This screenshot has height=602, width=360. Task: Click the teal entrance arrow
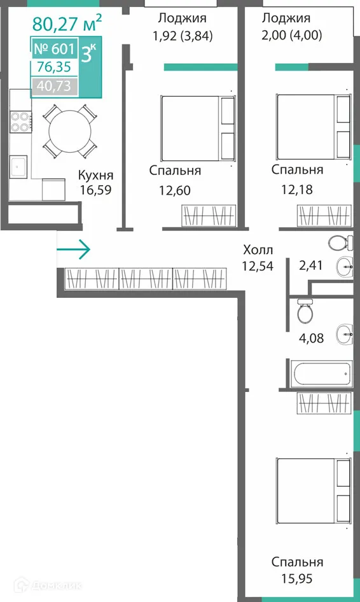(74, 249)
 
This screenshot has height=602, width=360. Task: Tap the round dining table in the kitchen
(70, 131)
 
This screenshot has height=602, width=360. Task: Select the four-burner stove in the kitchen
(21, 122)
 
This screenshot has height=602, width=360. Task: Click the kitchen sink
(18, 167)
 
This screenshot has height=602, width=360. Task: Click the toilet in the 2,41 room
(340, 242)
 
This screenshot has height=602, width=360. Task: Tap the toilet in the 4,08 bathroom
(305, 311)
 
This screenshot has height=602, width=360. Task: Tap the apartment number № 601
(54, 49)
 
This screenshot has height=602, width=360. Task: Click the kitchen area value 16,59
(96, 190)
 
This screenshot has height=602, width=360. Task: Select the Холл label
(258, 250)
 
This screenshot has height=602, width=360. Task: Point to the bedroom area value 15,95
(297, 578)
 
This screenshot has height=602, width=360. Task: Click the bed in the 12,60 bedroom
(198, 129)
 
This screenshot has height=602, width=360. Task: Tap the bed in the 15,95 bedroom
(314, 490)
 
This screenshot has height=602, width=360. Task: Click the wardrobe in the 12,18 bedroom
(324, 216)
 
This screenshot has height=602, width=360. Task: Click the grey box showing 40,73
(55, 86)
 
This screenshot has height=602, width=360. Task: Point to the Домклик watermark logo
(48, 585)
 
